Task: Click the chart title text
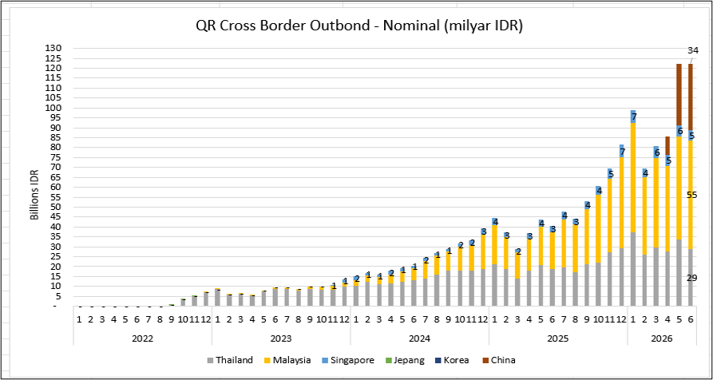359,26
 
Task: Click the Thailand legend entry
230,361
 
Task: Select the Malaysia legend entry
287,361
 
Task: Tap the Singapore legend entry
348,361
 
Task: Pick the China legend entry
498,361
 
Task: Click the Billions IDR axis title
35,196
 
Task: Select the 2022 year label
142,338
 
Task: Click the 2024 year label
419,338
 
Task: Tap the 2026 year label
662,338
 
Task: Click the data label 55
692,196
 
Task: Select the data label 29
692,278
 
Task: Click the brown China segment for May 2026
679,94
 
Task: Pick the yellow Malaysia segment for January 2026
633,178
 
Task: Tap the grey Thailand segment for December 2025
622,277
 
